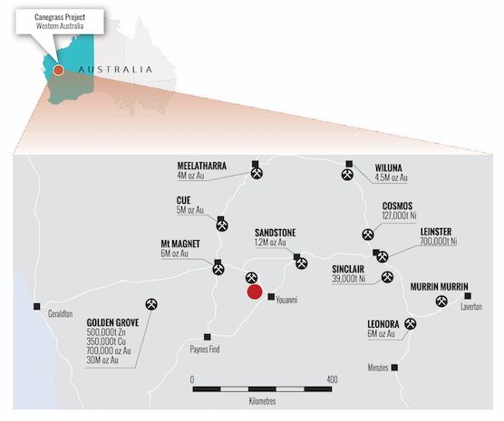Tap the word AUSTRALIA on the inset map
(115, 69)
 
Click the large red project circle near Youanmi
(255, 292)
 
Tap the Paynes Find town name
(212, 348)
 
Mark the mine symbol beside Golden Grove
(150, 305)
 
